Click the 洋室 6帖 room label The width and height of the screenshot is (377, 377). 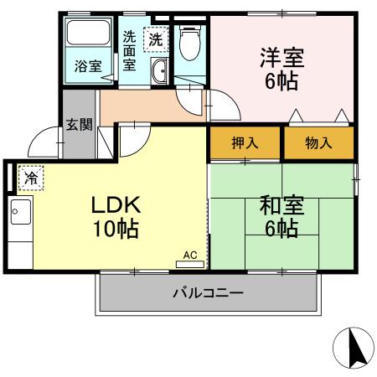281,69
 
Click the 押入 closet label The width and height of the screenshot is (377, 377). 245,143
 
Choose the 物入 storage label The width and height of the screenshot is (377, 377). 318,143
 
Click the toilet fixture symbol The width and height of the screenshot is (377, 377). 190,40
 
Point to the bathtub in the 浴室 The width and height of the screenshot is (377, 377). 88,35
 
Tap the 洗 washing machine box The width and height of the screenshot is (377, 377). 156,38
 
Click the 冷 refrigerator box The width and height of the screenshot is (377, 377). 30,178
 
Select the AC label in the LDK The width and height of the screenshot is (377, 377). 189,254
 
